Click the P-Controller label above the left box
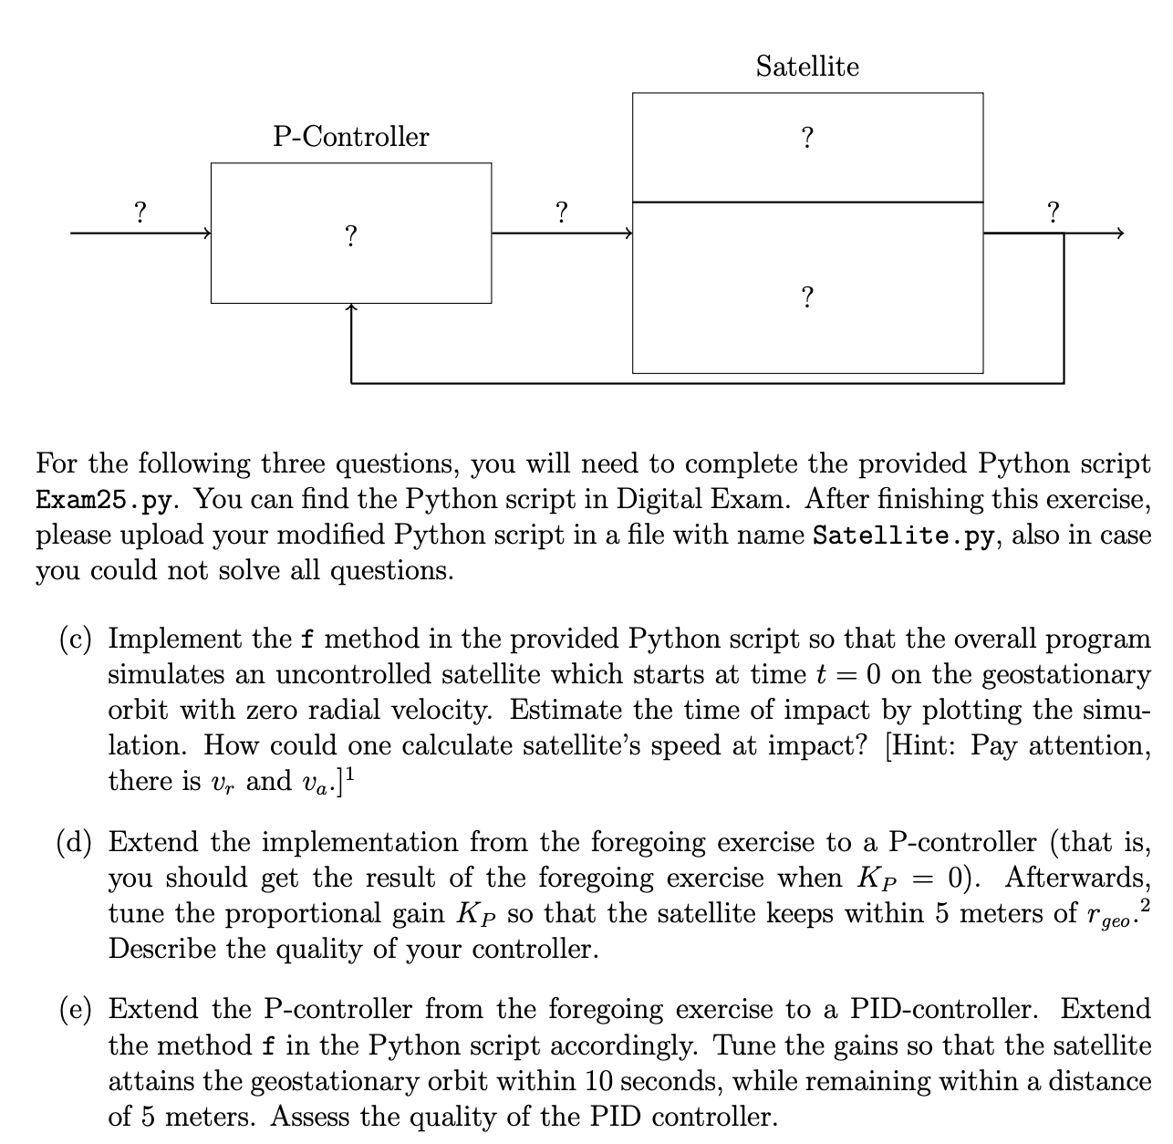tap(351, 137)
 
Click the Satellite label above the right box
tap(807, 67)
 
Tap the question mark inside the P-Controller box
tap(350, 236)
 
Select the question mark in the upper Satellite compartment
tap(807, 139)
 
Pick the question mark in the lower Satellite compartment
tap(807, 297)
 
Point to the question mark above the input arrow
tap(140, 213)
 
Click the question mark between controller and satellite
tap(562, 213)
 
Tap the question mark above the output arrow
tap(1054, 213)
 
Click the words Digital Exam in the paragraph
tap(702, 500)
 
